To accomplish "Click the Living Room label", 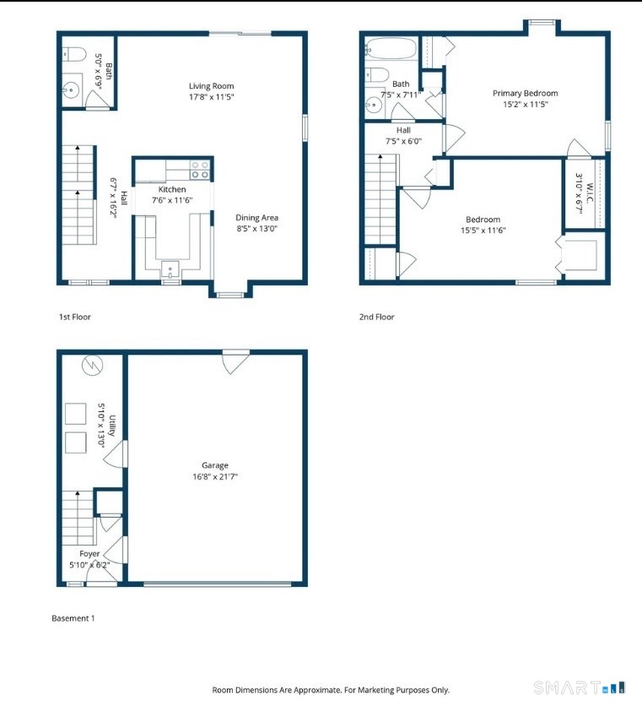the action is click(211, 86).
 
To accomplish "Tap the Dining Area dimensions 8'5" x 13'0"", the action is click(257, 229).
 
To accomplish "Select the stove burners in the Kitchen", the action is click(199, 170).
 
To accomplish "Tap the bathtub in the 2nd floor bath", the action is click(391, 48).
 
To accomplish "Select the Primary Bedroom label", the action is click(525, 94).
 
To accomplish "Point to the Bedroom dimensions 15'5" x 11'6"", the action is click(483, 231).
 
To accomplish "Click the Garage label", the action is click(215, 465).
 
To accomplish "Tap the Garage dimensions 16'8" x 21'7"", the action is click(215, 476).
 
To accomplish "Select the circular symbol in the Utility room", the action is click(93, 365).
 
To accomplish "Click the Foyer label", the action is click(89, 554).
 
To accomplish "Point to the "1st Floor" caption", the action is click(75, 317).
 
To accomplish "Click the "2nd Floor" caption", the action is click(376, 317).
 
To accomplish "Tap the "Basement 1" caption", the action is click(73, 618).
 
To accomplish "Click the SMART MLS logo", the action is click(580, 687).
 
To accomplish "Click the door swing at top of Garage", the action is click(235, 362).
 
